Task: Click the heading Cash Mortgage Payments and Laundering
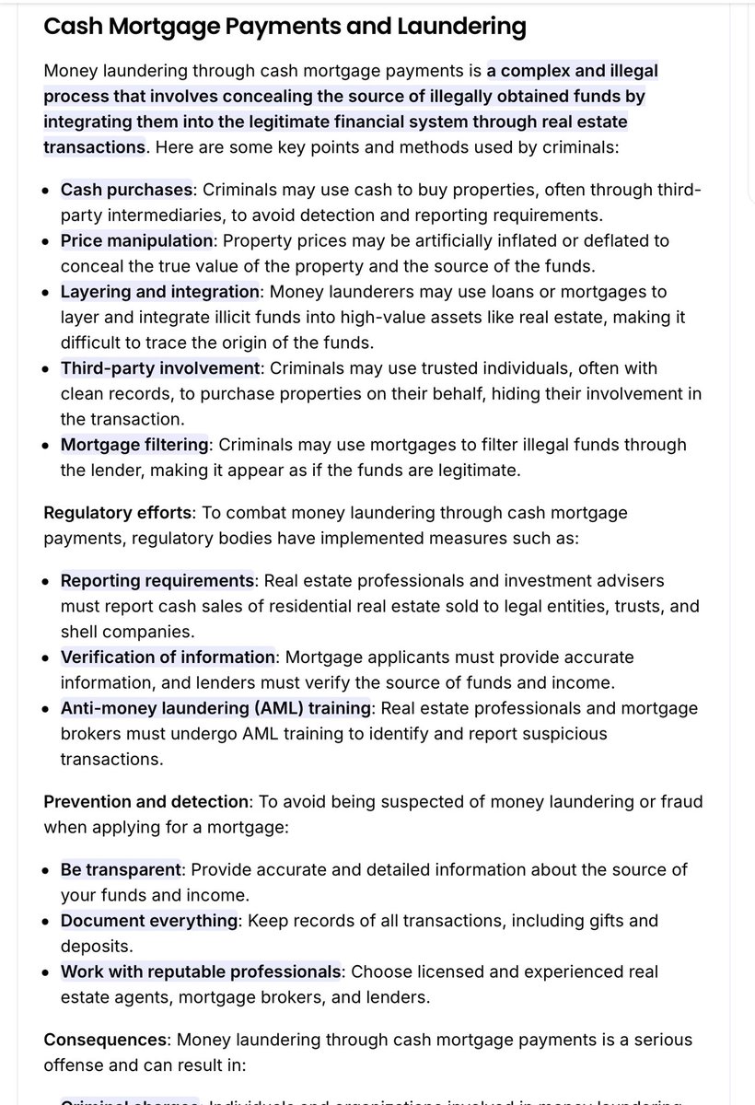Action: pyautogui.click(x=285, y=27)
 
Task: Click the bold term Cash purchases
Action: pyautogui.click(x=126, y=190)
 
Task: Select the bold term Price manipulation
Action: pyautogui.click(x=136, y=240)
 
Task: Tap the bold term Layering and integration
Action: pyautogui.click(x=160, y=291)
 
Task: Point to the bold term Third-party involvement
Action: pyautogui.click(x=160, y=368)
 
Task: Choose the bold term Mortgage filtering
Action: pyautogui.click(x=134, y=445)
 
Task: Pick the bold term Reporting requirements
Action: pyautogui.click(x=157, y=581)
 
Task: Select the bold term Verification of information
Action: pyautogui.click(x=168, y=657)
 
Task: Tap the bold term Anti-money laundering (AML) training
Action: pyautogui.click(x=215, y=708)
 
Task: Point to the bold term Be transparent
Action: pyautogui.click(x=121, y=870)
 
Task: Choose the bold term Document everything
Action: pyautogui.click(x=149, y=920)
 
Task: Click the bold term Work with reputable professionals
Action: pyautogui.click(x=201, y=971)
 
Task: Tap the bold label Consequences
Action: pyautogui.click(x=105, y=1040)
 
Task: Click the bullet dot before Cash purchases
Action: pyautogui.click(x=47, y=191)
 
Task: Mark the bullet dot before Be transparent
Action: pyautogui.click(x=47, y=871)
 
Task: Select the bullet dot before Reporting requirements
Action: pyautogui.click(x=47, y=582)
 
